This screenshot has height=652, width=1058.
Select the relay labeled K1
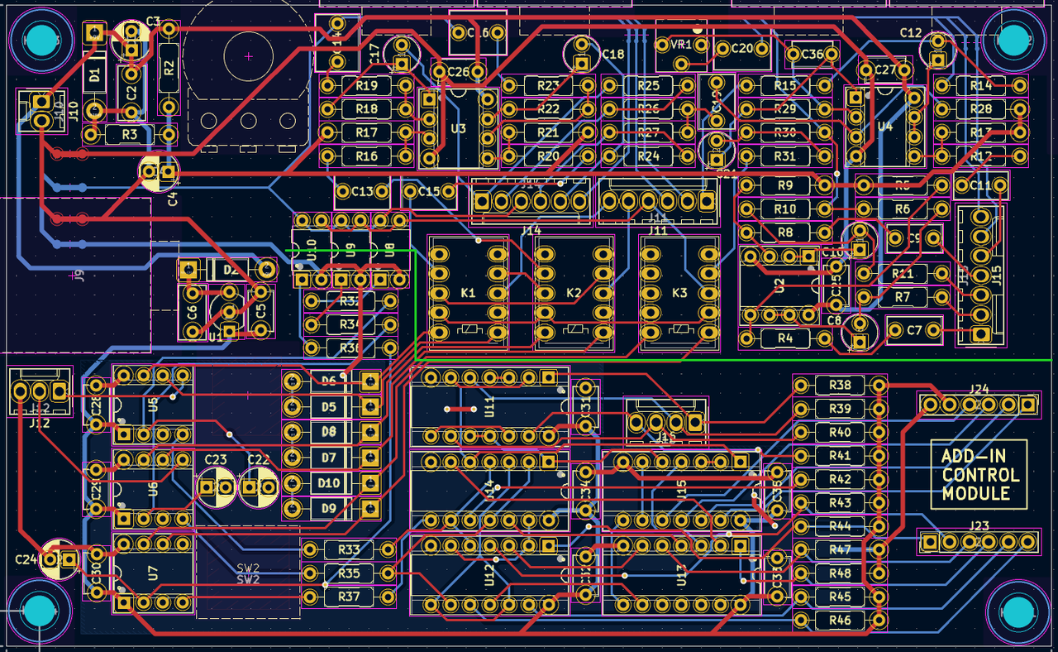(x=468, y=293)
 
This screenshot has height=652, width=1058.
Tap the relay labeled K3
(x=679, y=293)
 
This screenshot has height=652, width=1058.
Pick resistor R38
(x=839, y=386)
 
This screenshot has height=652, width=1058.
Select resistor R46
(x=839, y=621)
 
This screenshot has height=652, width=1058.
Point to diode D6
(x=330, y=381)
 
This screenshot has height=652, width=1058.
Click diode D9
(x=330, y=508)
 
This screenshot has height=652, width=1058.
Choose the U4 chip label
(x=885, y=127)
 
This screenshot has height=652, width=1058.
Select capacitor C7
(x=914, y=330)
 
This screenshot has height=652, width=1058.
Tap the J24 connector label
(x=979, y=388)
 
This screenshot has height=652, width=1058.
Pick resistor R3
(x=130, y=134)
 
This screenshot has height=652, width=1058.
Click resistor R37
(x=349, y=597)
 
